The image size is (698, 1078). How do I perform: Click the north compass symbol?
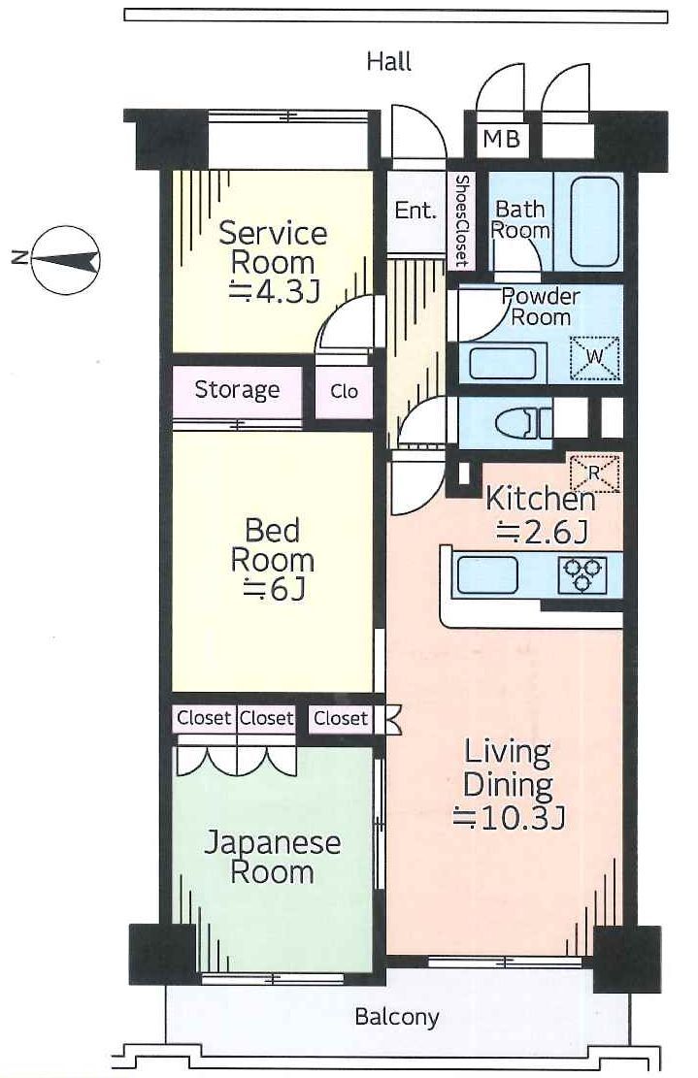click(x=67, y=260)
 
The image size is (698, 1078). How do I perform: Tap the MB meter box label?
click(x=501, y=140)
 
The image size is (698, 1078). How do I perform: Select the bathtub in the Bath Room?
click(x=594, y=221)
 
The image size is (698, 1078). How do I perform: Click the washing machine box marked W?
click(x=595, y=357)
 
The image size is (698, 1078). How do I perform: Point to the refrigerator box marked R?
click(x=594, y=473)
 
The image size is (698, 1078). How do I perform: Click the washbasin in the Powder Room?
click(x=502, y=363)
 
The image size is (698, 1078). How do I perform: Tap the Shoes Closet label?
click(x=461, y=220)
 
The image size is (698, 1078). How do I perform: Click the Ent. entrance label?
click(x=415, y=210)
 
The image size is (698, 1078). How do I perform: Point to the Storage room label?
click(x=237, y=390)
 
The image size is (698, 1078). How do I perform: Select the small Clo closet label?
click(x=344, y=391)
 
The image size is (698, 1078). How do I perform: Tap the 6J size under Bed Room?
click(x=274, y=590)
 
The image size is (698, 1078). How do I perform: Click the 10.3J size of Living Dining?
click(x=509, y=817)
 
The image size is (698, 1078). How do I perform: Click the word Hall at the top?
click(x=389, y=62)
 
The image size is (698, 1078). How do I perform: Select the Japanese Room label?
click(x=273, y=857)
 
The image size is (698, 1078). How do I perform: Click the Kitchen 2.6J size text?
click(x=542, y=532)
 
